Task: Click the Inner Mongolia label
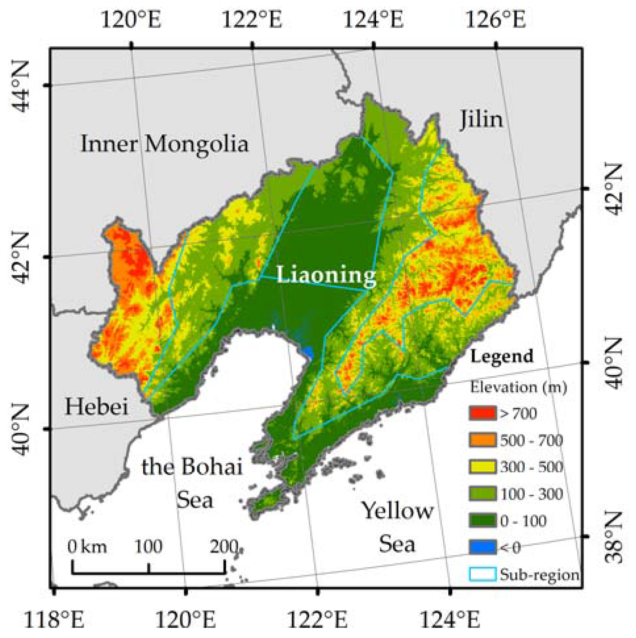pos(164,144)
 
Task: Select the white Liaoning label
pos(326,274)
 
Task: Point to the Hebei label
pos(96,406)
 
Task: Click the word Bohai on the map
pos(211,467)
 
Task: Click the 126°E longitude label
pos(495,20)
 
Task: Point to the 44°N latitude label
pos(20,86)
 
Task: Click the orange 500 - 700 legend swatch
pos(482,440)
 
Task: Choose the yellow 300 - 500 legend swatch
pos(482,467)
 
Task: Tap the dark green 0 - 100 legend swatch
pos(482,521)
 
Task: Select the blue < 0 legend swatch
pos(482,548)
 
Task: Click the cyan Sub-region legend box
pos(482,575)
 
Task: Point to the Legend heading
pos(502,356)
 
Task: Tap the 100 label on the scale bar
pos(148,547)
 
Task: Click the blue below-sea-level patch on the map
pos(308,352)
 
